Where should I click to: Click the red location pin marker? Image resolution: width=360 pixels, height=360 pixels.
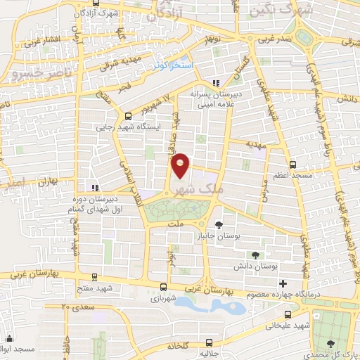(181, 166)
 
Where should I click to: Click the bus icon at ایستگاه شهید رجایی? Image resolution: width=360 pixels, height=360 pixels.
(127, 117)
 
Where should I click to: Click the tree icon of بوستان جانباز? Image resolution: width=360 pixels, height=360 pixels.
(219, 225)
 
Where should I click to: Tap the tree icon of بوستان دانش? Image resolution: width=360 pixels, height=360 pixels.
(255, 256)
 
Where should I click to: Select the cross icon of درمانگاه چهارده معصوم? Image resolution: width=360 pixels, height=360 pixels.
(282, 283)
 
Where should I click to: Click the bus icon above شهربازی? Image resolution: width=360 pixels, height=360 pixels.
(163, 286)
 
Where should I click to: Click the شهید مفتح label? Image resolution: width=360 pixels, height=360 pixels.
(96, 288)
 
